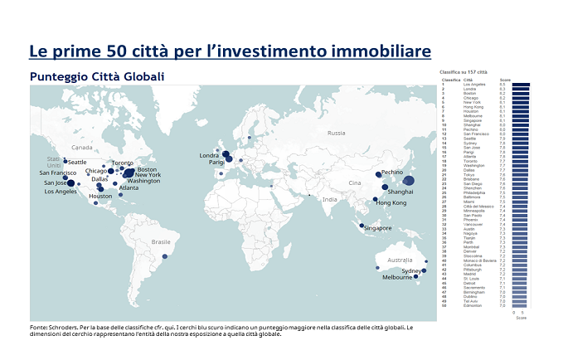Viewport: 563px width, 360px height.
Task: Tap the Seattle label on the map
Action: click(77, 162)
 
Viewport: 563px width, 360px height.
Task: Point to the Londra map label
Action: click(209, 155)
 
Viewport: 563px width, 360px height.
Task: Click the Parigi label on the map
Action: click(216, 163)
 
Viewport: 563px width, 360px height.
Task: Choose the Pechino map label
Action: click(391, 173)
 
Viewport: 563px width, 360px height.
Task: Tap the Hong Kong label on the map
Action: click(392, 203)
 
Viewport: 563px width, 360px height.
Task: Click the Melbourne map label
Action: click(396, 278)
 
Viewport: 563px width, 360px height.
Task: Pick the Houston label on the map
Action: click(100, 197)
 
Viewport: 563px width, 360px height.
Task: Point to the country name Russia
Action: click(336, 133)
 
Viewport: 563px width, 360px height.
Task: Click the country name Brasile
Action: click(160, 241)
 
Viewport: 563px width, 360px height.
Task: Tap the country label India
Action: click(330, 199)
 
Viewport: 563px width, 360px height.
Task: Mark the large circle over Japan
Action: click(408, 180)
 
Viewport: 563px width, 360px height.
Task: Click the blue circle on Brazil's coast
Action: click(163, 257)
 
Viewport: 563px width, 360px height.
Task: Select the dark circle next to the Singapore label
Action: click(362, 225)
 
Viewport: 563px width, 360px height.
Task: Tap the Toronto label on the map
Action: click(122, 163)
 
